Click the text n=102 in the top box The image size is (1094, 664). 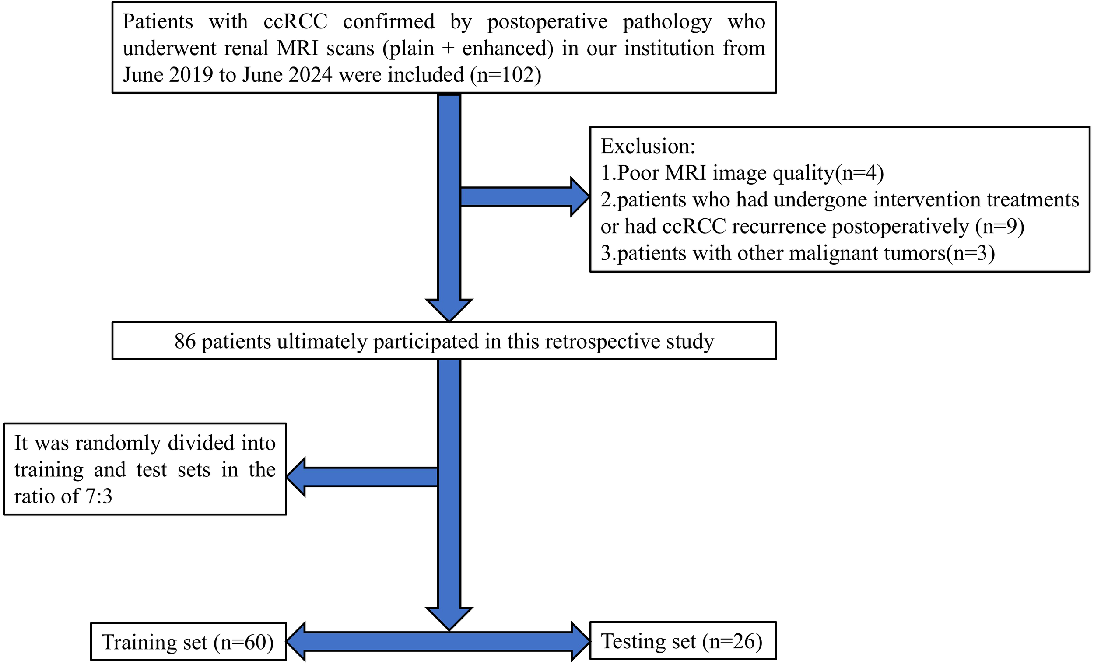tap(506, 74)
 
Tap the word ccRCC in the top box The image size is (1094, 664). tap(295, 21)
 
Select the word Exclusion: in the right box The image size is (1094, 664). tap(648, 146)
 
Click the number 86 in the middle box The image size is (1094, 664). tap(185, 341)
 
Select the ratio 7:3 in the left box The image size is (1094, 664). tap(99, 496)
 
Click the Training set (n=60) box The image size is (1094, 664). tap(188, 642)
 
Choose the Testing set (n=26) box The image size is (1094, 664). tap(682, 641)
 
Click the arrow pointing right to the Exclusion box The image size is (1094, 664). tap(524, 197)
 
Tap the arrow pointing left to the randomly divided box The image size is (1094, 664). tap(362, 477)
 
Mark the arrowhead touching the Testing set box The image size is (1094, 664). tap(580, 641)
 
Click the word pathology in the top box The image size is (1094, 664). tap(667, 21)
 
